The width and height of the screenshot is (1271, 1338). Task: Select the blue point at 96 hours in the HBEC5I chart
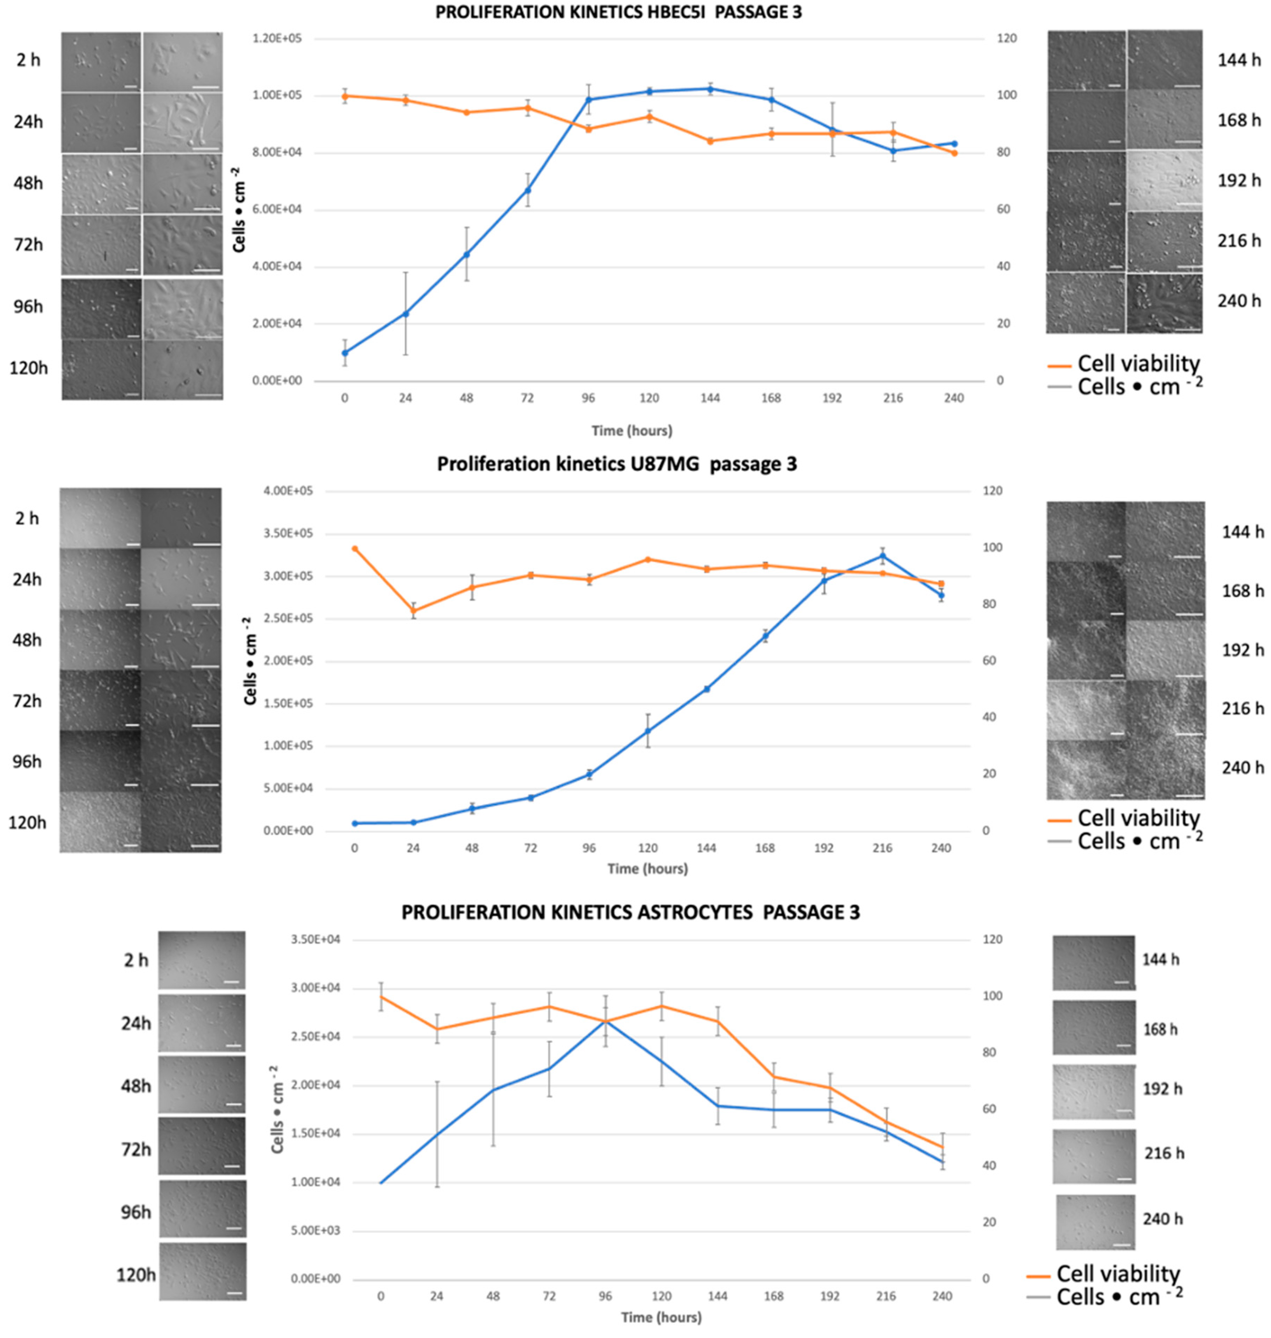pos(588,100)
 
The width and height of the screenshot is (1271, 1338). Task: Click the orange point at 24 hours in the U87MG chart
pos(413,611)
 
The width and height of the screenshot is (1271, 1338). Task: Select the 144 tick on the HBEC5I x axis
pos(710,398)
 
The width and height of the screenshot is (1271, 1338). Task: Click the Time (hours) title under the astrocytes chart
pos(661,1317)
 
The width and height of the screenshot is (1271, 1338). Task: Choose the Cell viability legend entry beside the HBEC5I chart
pos(1138,364)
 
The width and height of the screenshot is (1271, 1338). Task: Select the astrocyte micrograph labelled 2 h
pos(202,960)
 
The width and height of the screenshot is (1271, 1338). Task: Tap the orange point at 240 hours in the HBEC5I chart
pos(954,153)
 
